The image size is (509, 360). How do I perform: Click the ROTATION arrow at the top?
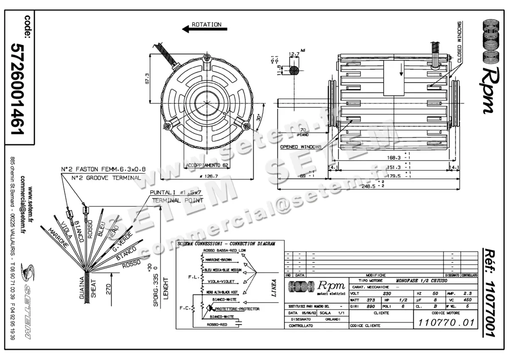(204, 29)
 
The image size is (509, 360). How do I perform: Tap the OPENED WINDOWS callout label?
(300, 147)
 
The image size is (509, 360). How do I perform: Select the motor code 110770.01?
(445, 323)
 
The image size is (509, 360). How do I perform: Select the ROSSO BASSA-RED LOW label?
(225, 251)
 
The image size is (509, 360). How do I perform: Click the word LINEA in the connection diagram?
(274, 288)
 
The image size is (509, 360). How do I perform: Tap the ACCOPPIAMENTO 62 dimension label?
(207, 165)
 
